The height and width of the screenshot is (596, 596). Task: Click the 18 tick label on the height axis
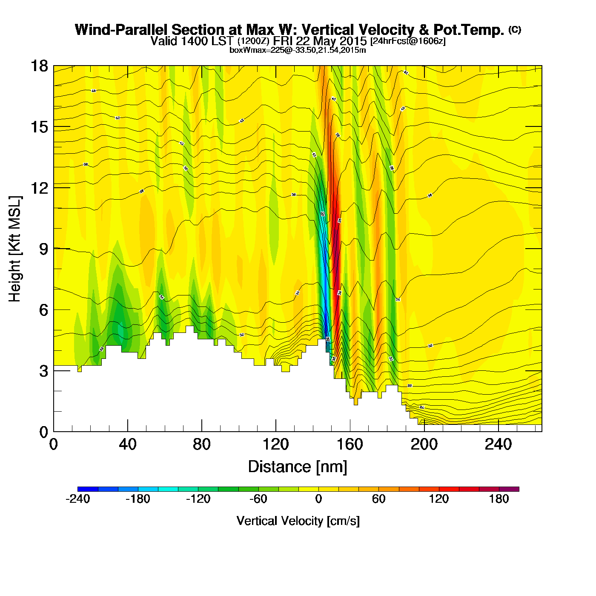click(39, 66)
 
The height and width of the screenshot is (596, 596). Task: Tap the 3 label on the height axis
click(44, 371)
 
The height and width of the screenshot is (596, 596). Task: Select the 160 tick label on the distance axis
click(350, 444)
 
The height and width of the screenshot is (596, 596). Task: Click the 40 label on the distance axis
click(127, 444)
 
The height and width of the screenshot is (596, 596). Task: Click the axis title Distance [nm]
click(298, 467)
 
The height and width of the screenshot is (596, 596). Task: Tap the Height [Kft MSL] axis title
click(15, 249)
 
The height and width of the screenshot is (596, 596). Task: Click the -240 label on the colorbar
click(78, 499)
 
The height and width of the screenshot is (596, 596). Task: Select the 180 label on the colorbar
click(499, 499)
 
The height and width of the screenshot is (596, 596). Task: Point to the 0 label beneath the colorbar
click(318, 499)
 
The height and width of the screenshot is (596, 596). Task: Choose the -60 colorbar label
click(258, 499)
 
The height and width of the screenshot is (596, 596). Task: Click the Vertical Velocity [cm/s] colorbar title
click(298, 521)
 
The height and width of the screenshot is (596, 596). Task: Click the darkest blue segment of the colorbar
click(88, 489)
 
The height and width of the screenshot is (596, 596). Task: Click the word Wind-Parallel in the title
click(122, 30)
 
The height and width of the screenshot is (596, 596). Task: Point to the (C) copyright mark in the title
click(515, 29)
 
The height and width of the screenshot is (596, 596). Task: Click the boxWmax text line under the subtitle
click(298, 50)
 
